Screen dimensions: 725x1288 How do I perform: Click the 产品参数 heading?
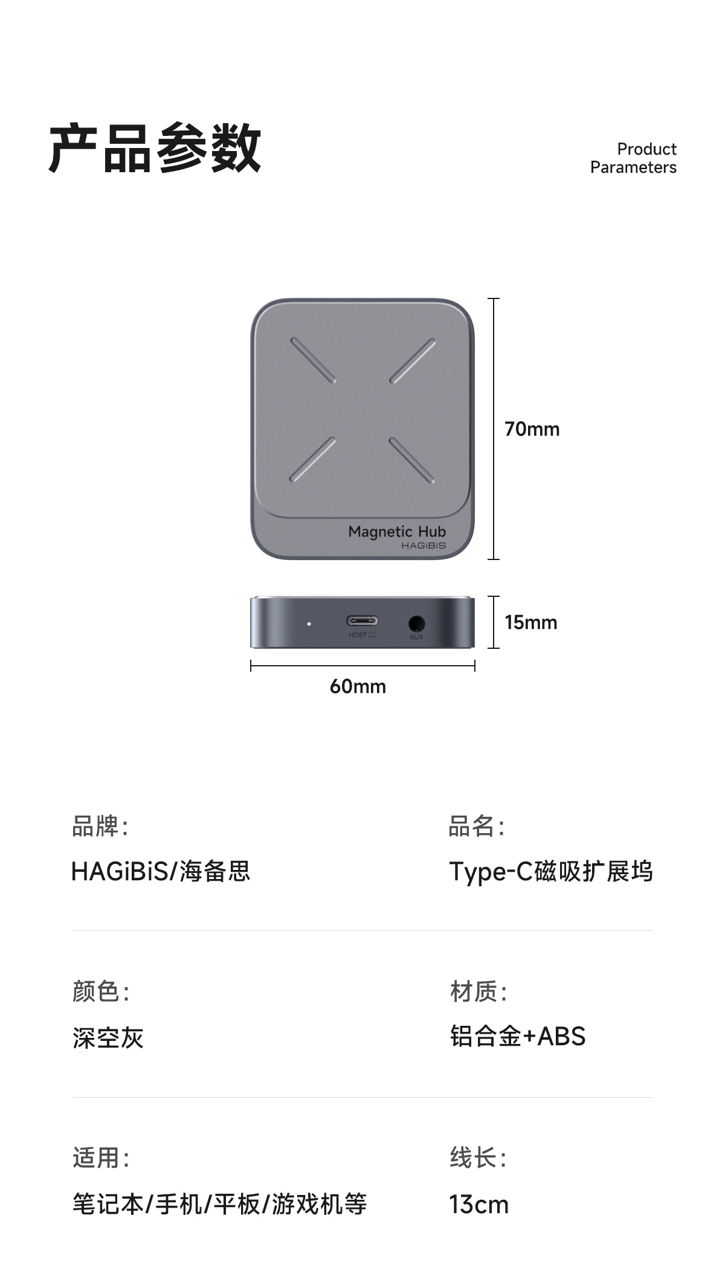point(155,149)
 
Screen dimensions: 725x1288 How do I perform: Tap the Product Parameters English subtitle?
point(633,158)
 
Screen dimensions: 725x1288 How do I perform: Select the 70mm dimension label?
point(532,430)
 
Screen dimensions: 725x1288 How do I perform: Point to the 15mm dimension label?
point(530,622)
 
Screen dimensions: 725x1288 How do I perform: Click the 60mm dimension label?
point(358,686)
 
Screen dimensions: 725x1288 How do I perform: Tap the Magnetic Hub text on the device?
point(397,532)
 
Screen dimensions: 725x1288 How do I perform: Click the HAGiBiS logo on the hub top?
point(424,546)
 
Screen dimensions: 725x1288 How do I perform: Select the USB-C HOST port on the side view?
point(362,621)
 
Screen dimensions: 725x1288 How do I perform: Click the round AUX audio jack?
point(416,623)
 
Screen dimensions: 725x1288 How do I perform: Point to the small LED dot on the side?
point(309,623)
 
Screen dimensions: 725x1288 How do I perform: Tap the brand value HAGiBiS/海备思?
point(161,872)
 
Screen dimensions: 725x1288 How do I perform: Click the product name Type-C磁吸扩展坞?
point(550,872)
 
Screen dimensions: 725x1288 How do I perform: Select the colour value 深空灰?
point(108,1038)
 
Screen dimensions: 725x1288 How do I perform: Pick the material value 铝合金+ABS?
point(518,1037)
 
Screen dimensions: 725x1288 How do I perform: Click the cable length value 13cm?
point(478,1205)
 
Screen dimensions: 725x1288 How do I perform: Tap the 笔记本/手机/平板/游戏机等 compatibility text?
point(220,1205)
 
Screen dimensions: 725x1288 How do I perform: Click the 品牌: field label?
point(100,826)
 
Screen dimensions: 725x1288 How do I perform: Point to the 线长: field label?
point(478,1158)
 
